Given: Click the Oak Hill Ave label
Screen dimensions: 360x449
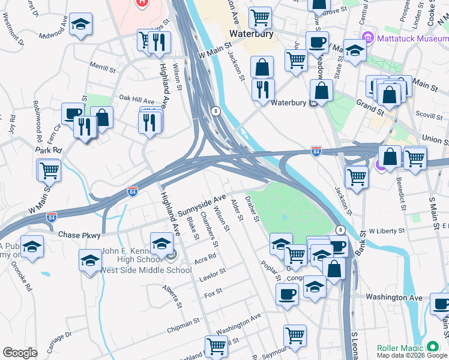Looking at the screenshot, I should click(136, 98).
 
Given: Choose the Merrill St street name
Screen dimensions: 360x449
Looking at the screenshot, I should click(102, 65).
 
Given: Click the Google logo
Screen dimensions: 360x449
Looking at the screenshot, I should click(20, 352).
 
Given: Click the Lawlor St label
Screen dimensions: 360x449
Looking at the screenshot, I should click(214, 272).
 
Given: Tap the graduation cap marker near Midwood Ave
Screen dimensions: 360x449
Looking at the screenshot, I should click(80, 25).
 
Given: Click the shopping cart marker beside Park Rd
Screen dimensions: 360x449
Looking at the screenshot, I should click(49, 170).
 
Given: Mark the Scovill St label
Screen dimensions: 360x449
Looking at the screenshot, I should click(427, 113).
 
